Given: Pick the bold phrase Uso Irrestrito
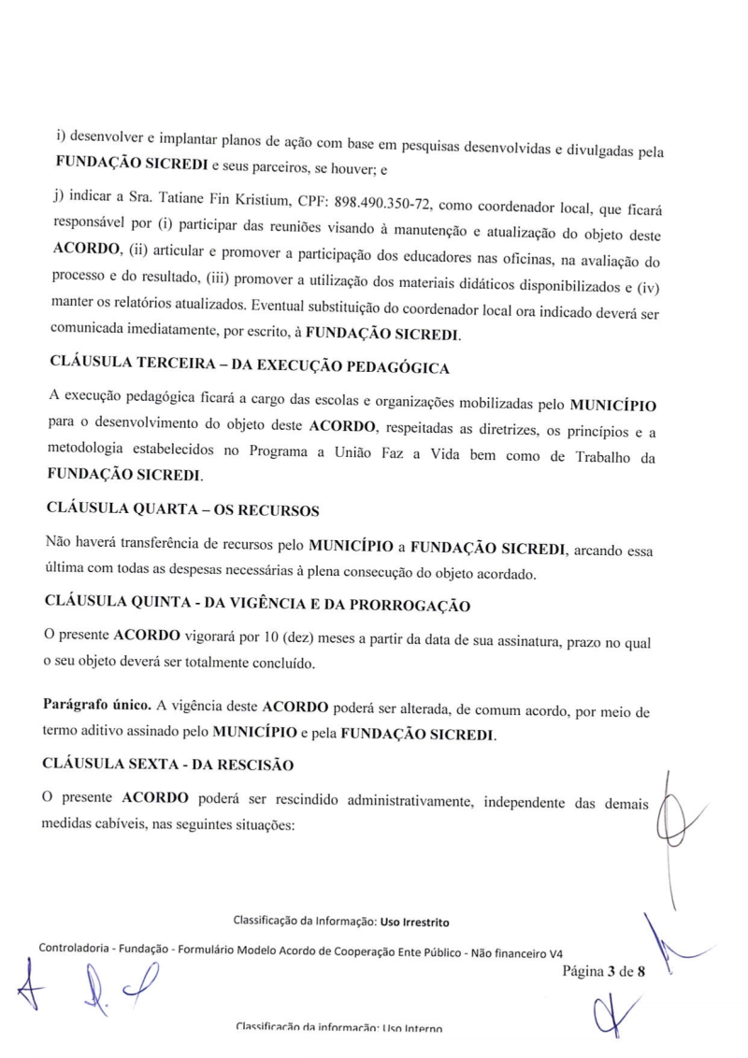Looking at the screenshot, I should click(414, 923).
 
